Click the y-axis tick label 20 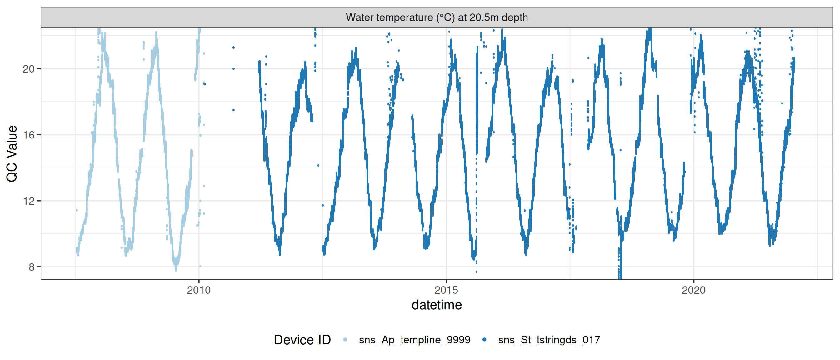[28, 69]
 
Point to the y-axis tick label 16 [28, 135]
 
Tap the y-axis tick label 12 [28, 201]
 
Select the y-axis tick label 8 [31, 267]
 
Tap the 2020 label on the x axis [693, 290]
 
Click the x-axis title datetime [437, 305]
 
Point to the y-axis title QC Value [12, 153]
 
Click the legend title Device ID [302, 340]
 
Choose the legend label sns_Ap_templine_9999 [414, 340]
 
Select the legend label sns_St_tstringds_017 [549, 340]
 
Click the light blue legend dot [345, 340]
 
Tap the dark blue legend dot [484, 340]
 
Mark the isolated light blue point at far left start [77, 210]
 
